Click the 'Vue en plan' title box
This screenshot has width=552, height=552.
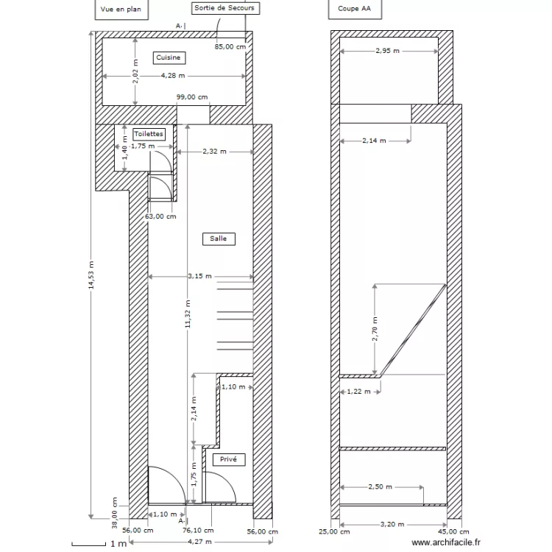120,10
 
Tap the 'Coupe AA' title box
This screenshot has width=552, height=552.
355,10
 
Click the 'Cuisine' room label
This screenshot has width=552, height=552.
169,57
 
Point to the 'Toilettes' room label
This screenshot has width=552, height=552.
148,134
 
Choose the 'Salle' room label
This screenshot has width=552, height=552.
218,238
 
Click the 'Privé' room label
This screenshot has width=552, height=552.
228,459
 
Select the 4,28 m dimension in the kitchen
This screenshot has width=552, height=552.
173,76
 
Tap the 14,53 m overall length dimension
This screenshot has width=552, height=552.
91,275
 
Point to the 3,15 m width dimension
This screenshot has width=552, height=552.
199,277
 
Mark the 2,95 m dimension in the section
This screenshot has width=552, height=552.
387,51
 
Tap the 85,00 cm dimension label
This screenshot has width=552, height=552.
229,46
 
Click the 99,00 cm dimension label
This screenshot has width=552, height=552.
192,97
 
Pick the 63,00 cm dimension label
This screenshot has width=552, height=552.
160,216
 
